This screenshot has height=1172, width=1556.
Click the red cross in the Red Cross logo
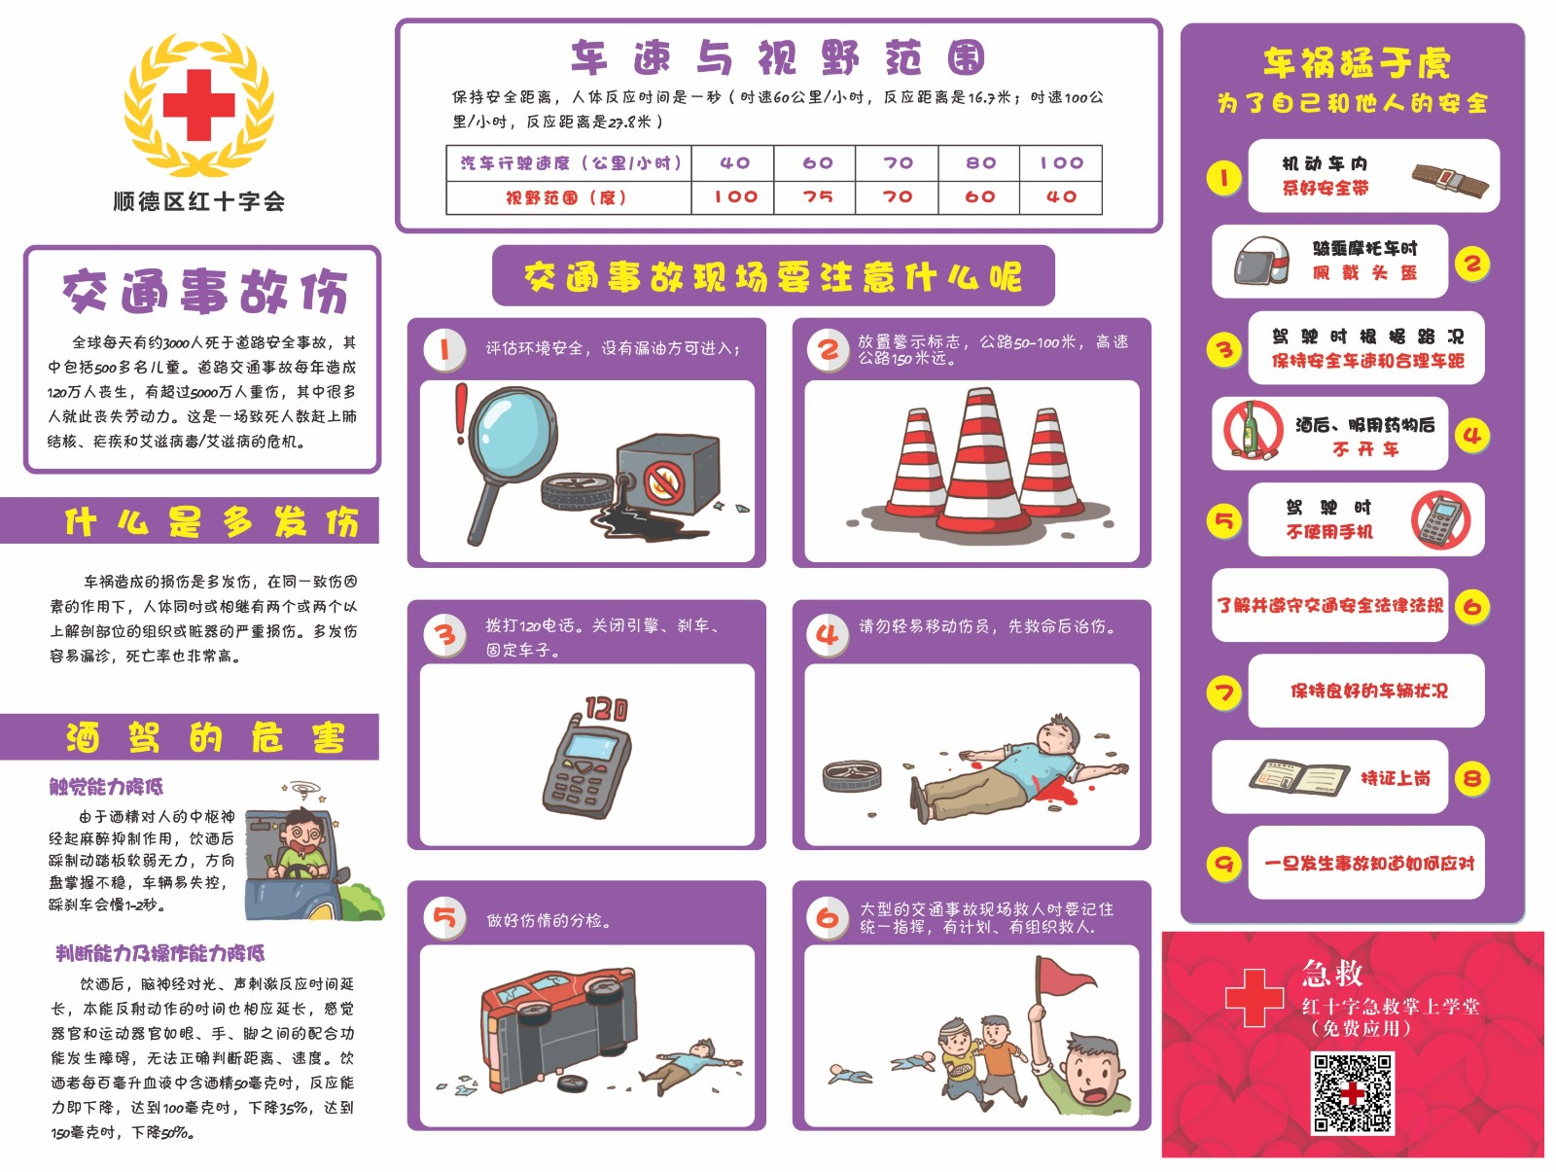pyautogui.click(x=198, y=105)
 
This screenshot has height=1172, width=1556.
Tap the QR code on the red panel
pyautogui.click(x=1352, y=1092)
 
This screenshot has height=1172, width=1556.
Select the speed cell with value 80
pyautogui.click(x=979, y=163)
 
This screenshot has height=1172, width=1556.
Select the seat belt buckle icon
pyautogui.click(x=1450, y=180)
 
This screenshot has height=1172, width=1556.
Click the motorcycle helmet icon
pyautogui.click(x=1261, y=261)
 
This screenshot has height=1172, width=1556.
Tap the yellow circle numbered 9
pyautogui.click(x=1224, y=864)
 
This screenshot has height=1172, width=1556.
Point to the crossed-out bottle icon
pyautogui.click(x=1253, y=430)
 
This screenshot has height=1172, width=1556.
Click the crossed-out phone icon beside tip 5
pyautogui.click(x=1439, y=519)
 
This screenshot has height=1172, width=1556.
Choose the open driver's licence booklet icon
pyautogui.click(x=1298, y=778)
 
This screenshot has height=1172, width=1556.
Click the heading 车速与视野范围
pyautogui.click(x=778, y=57)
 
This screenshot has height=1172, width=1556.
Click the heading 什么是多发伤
pyautogui.click(x=211, y=522)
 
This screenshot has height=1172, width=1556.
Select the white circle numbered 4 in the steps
pyautogui.click(x=828, y=634)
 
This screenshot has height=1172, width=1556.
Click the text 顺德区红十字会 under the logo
pyautogui.click(x=199, y=201)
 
